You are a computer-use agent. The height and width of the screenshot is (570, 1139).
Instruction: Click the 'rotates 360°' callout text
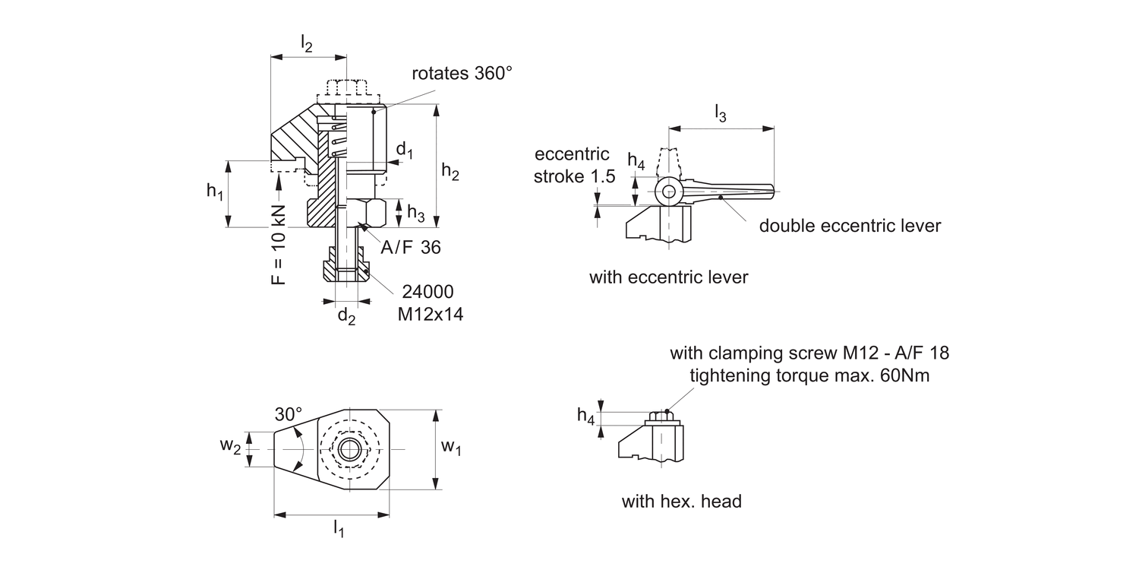(462, 74)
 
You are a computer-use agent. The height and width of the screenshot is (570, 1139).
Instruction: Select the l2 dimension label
(306, 45)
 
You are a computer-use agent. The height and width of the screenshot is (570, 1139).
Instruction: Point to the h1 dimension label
(215, 192)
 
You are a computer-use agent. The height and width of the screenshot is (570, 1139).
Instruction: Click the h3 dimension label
(415, 214)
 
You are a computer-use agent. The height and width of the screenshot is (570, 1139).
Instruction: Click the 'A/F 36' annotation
(410, 248)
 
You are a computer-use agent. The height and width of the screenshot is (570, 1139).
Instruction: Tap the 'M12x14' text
(430, 314)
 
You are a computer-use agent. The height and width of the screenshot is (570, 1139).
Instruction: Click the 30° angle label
(288, 415)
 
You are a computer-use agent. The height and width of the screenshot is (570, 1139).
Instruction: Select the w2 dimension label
(231, 446)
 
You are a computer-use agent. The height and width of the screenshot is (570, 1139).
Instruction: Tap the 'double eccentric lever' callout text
(850, 226)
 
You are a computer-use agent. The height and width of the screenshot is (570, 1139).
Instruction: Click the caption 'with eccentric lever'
(668, 277)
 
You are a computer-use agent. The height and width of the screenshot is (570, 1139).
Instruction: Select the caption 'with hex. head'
(681, 502)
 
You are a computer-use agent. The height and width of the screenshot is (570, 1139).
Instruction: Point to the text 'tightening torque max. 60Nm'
(809, 375)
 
